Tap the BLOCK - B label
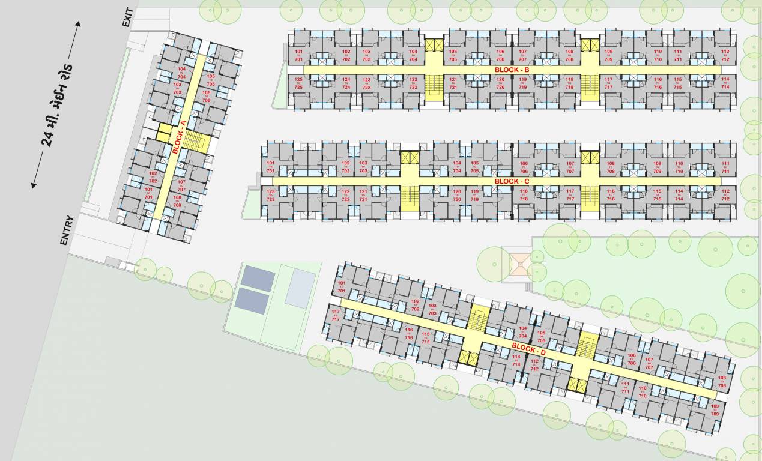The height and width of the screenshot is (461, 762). [x=512, y=70]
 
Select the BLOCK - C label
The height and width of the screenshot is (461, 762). [x=512, y=181]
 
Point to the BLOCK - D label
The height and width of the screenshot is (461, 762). [x=528, y=349]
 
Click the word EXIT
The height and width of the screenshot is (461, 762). [x=127, y=18]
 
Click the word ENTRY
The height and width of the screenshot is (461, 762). [x=65, y=230]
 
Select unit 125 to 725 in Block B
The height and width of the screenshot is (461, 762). [x=298, y=83]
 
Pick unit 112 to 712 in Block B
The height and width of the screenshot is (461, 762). [x=725, y=56]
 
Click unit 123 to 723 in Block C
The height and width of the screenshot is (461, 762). [x=270, y=195]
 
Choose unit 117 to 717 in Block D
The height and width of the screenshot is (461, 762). [x=335, y=315]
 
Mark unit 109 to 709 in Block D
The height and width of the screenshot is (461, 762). [x=715, y=411]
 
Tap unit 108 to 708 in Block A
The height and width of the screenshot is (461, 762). [x=177, y=201]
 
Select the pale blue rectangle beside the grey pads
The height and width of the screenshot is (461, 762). [x=300, y=288]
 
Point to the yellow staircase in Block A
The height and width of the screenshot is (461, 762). [x=193, y=142]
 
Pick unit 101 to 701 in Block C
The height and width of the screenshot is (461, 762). [x=270, y=167]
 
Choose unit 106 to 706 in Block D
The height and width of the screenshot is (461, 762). [x=631, y=360]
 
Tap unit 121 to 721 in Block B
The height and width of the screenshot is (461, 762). [x=453, y=83]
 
